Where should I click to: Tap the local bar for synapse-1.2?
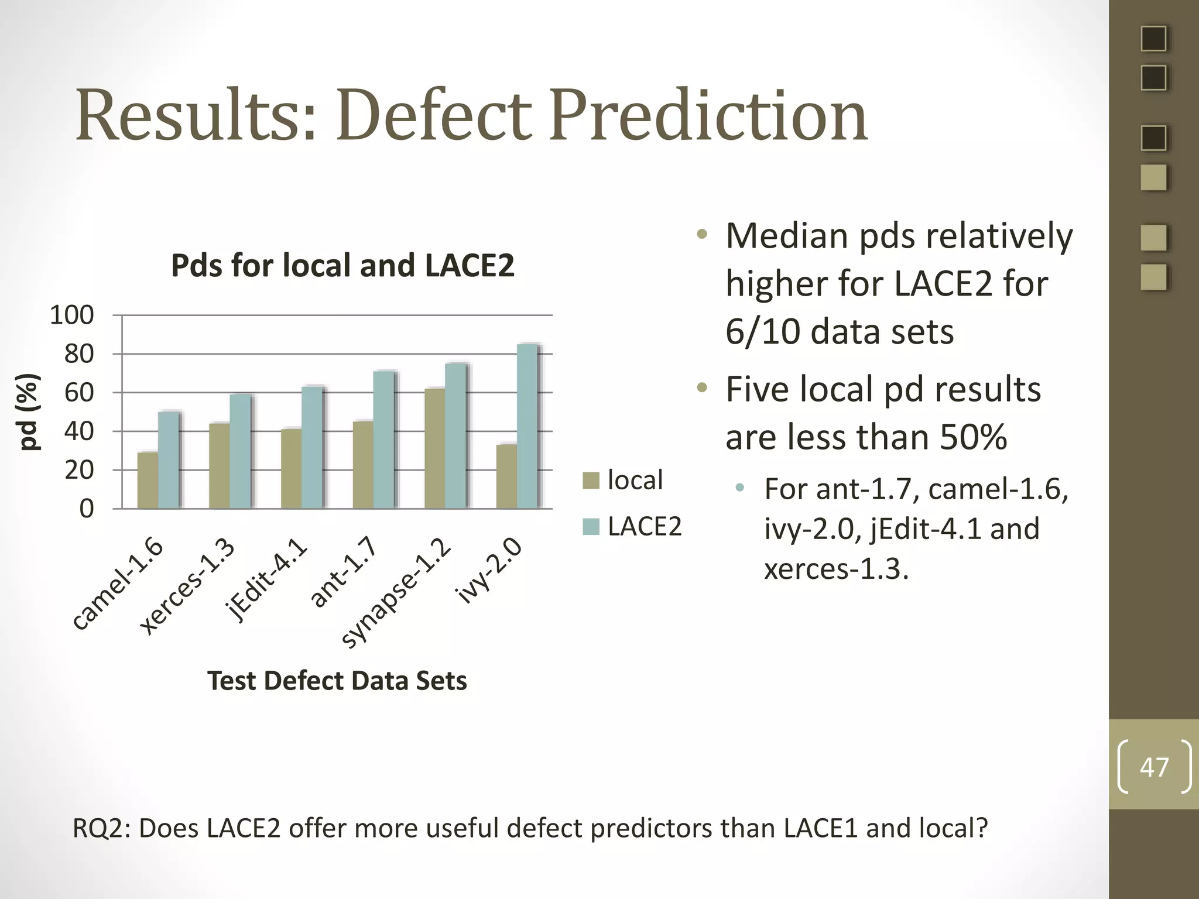coord(434,448)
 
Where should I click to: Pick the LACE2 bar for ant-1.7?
coord(383,440)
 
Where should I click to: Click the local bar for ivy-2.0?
coord(506,476)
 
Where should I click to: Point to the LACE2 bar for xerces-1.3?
coord(240,451)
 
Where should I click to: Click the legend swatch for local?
coord(591,481)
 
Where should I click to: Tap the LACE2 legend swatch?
coord(591,527)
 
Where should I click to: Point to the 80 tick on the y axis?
coord(79,354)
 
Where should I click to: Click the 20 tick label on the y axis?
coord(79,470)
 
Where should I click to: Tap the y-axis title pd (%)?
coord(29,412)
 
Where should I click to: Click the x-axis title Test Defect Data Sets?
coord(337,681)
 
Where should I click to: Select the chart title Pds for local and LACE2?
coord(342,266)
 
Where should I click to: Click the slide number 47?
coord(1154,767)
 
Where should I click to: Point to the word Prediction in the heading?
coord(708,115)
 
